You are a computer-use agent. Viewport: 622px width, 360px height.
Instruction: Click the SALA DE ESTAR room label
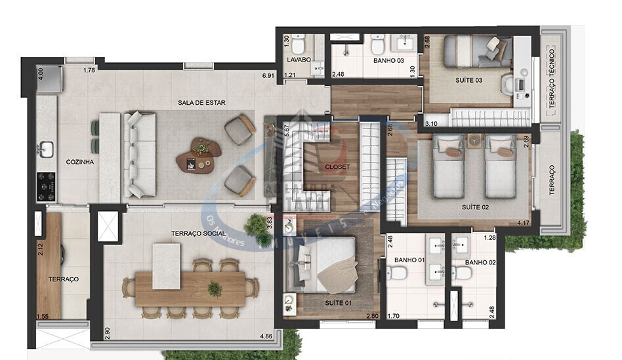197,103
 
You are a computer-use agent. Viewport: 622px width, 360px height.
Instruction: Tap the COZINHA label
80,161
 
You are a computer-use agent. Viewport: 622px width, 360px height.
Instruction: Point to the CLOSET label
337,167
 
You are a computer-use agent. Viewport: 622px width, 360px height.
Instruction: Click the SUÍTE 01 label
338,302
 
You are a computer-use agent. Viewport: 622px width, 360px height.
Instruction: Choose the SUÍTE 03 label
468,80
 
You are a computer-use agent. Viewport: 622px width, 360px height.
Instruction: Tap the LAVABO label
298,60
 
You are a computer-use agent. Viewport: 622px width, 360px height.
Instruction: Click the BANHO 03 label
371,60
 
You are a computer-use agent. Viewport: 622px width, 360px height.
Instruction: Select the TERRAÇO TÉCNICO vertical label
552,79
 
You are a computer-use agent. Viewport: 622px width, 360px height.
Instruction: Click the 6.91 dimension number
267,75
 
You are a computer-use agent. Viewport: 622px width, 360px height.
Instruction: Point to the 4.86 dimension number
266,337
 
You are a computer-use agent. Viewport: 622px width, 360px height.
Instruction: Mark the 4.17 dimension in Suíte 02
523,224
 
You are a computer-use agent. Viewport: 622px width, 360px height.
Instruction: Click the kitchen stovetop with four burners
46,186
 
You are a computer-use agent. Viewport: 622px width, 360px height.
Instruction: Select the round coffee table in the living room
206,148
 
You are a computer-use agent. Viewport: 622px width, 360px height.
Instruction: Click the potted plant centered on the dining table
215,288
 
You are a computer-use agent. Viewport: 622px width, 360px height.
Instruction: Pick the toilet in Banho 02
462,271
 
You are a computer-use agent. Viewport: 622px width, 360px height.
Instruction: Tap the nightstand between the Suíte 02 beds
474,140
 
